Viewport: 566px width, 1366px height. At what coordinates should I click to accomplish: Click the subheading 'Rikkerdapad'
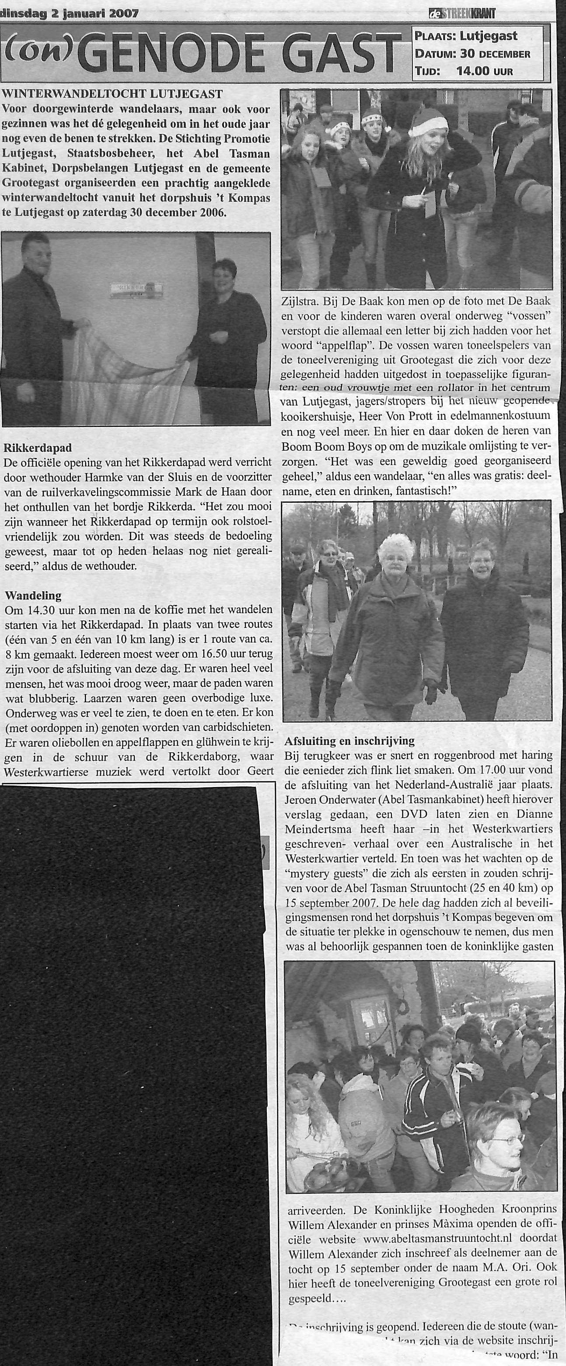tap(38, 448)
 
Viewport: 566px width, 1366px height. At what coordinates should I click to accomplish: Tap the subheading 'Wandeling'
tap(33, 596)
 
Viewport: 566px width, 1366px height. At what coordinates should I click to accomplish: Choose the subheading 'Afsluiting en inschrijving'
tap(349, 741)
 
